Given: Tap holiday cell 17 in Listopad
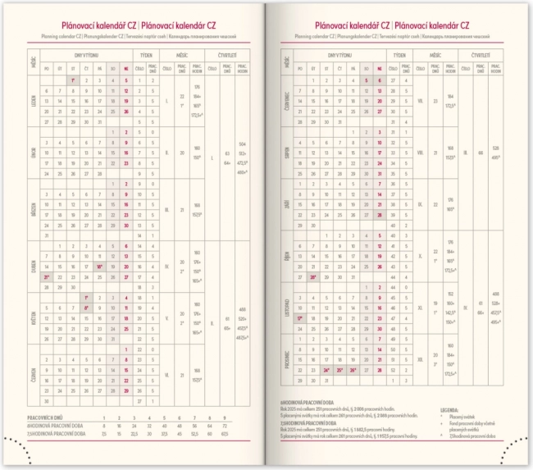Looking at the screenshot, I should click(301, 317).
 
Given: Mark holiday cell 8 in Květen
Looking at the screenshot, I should click(85, 308).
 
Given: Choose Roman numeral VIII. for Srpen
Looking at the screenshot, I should click(420, 153).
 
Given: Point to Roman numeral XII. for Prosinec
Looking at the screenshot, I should click(420, 358).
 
